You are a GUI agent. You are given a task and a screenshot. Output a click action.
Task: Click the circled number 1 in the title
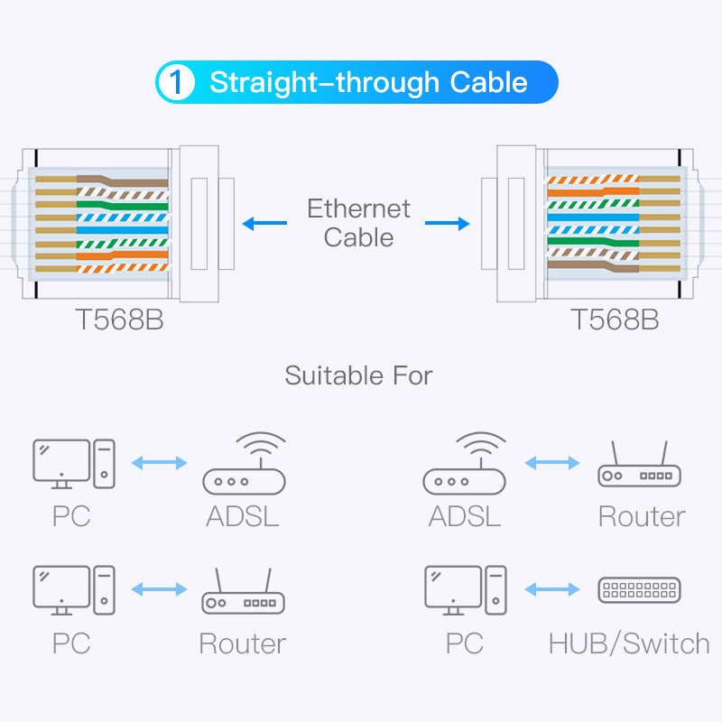coord(177,82)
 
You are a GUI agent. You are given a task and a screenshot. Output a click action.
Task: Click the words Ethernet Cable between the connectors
coord(358,223)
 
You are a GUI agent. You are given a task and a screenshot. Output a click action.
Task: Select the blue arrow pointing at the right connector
coord(448,223)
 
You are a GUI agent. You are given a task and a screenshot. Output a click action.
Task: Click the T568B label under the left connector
coord(119,320)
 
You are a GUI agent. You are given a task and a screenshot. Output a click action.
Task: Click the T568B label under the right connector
coord(615,320)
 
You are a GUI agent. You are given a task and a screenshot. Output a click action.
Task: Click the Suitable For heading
coord(358,375)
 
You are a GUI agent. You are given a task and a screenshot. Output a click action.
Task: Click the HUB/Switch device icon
coord(639,591)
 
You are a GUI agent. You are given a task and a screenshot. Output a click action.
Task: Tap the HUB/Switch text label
coord(629,643)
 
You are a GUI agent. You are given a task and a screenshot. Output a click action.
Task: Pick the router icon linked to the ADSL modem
coord(639,465)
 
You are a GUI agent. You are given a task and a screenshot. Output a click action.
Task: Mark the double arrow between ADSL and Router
coord(551,463)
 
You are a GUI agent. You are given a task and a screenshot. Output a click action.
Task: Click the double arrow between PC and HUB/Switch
coord(551,590)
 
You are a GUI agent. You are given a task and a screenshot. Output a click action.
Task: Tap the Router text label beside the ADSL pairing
coord(642,516)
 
